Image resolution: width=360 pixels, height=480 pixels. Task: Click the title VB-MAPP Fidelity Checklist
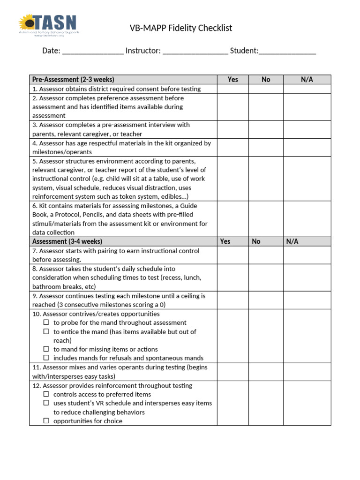pyautogui.click(x=180, y=29)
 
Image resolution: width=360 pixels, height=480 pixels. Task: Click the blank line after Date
pyautogui.click(x=92, y=51)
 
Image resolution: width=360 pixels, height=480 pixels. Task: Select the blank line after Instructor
pyautogui.click(x=195, y=51)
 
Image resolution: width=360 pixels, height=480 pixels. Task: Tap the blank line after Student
pyautogui.click(x=287, y=51)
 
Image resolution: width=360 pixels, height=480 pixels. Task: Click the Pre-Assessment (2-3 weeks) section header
pyautogui.click(x=73, y=80)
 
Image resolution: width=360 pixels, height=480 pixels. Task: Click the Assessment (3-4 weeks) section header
pyautogui.click(x=67, y=241)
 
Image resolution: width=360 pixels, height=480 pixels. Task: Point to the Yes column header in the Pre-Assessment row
pyautogui.click(x=232, y=80)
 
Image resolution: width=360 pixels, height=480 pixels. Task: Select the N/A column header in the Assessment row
pyautogui.click(x=292, y=241)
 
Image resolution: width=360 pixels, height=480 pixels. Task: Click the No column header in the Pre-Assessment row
pyautogui.click(x=266, y=80)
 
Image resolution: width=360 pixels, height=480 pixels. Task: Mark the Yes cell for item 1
pyautogui.click(x=232, y=89)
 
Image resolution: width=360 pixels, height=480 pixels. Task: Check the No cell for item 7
pyautogui.click(x=266, y=255)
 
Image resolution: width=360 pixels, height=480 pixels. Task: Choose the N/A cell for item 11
pyautogui.click(x=307, y=372)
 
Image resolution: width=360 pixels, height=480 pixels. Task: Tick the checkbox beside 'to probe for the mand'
pyautogui.click(x=46, y=322)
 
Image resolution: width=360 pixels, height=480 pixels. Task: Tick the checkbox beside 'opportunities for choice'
pyautogui.click(x=46, y=421)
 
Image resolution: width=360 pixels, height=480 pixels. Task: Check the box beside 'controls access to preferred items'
pyautogui.click(x=46, y=394)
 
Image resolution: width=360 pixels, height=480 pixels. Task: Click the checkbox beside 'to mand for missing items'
pyautogui.click(x=46, y=349)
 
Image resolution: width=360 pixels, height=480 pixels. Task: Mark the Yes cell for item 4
pyautogui.click(x=232, y=148)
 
